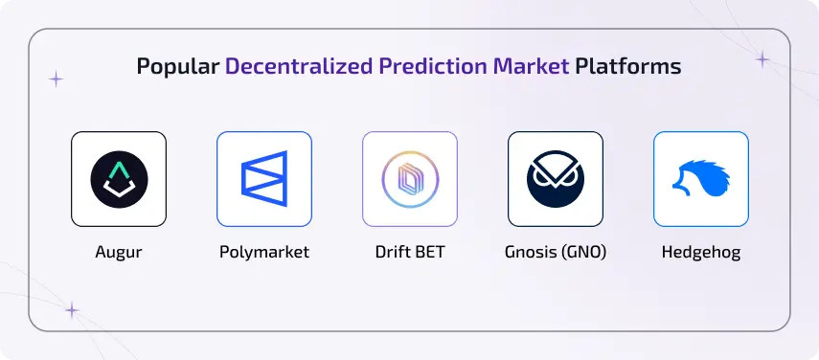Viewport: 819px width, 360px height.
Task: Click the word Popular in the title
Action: click(178, 67)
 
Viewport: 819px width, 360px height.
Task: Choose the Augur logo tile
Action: click(119, 179)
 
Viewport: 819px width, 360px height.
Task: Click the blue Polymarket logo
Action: click(264, 179)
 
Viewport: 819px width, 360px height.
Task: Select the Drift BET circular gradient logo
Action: click(410, 179)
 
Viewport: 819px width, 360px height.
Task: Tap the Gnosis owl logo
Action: click(556, 179)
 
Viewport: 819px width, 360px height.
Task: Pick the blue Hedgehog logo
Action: click(701, 179)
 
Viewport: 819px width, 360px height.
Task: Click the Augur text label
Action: click(119, 254)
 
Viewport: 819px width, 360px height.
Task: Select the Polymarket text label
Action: click(264, 254)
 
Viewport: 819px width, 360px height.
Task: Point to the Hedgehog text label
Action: click(701, 254)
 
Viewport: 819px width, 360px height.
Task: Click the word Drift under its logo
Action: click(393, 254)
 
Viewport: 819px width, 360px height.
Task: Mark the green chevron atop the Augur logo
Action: click(119, 169)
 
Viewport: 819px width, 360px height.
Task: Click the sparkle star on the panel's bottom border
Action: click(71, 310)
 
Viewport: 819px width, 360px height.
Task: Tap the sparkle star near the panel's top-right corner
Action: click(762, 59)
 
